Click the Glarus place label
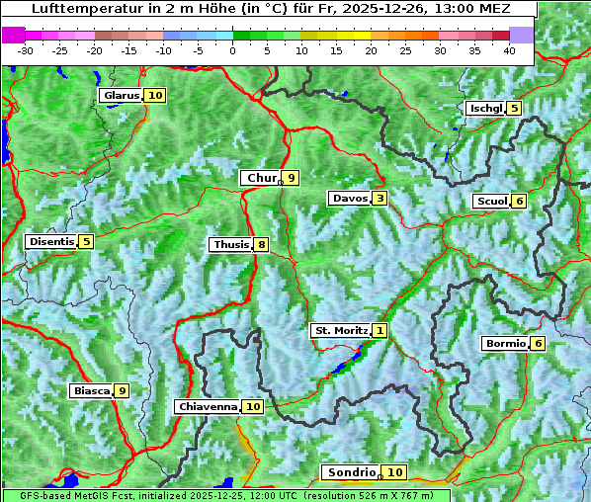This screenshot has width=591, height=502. pyautogui.click(x=121, y=96)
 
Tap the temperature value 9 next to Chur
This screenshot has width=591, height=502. pyautogui.click(x=292, y=178)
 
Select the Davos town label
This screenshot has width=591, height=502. pyautogui.click(x=350, y=199)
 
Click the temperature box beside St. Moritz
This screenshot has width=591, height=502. pyautogui.click(x=380, y=331)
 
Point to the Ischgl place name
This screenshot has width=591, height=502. pyautogui.click(x=485, y=108)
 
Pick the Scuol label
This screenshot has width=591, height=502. pyautogui.click(x=492, y=201)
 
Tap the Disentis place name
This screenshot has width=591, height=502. pyautogui.click(x=51, y=241)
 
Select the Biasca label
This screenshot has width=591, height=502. pyautogui.click(x=91, y=390)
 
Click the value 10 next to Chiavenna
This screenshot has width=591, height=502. pyautogui.click(x=253, y=406)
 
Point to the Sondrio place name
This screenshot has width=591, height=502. pyautogui.click(x=352, y=472)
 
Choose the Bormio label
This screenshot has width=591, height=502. pyautogui.click(x=504, y=344)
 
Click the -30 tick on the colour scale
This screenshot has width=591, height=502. pyautogui.click(x=26, y=49)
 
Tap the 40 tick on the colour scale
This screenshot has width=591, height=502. pyautogui.click(x=509, y=49)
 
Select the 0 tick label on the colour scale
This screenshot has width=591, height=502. pyautogui.click(x=232, y=49)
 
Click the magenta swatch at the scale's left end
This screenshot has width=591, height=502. pyautogui.click(x=14, y=35)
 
